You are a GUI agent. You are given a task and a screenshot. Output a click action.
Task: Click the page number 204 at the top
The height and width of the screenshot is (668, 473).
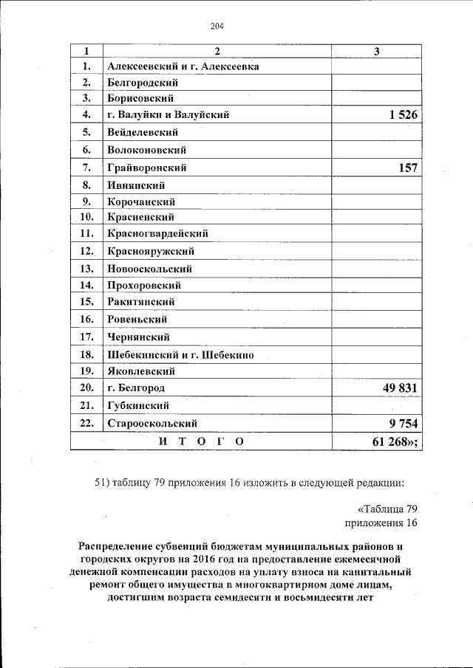tap(217, 27)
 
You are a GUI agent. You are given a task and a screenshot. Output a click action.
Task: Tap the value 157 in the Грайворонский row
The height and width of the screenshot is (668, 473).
tap(407, 168)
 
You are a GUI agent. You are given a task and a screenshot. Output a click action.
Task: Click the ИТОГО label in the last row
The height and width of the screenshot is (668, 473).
tap(201, 441)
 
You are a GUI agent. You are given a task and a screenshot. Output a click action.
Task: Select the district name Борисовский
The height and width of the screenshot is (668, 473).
tap(140, 97)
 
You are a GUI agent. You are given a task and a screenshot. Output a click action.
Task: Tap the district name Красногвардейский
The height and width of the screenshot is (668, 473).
tap(157, 233)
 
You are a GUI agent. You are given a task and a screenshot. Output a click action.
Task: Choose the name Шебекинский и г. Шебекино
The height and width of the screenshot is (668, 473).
tap(181, 355)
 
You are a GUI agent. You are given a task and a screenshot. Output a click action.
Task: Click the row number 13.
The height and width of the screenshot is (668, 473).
tap(86, 269)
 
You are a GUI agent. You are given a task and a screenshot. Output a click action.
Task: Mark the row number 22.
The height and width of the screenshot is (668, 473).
tap(86, 424)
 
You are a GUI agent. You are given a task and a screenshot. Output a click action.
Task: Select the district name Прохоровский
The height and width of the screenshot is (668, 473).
tap(144, 285)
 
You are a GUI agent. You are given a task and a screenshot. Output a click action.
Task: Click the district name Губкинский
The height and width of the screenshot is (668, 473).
tap(138, 406)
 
